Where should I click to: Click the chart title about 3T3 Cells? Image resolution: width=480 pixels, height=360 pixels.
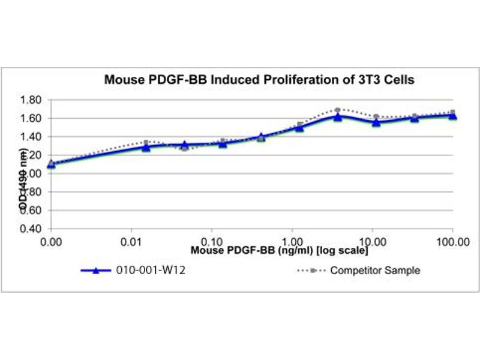[259, 79]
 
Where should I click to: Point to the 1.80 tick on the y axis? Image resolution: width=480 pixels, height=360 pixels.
[31, 100]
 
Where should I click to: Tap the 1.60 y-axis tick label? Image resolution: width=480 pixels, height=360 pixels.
[31, 118]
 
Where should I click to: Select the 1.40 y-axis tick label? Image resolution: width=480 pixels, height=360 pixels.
[31, 137]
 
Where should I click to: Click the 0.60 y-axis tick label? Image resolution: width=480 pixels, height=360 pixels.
[31, 210]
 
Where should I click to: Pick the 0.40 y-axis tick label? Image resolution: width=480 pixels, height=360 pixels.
[31, 229]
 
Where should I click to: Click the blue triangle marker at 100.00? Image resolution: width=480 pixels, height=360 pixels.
[452, 116]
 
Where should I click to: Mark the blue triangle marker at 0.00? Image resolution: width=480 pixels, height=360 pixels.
[51, 163]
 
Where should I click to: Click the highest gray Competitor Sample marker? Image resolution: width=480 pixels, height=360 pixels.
[338, 110]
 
